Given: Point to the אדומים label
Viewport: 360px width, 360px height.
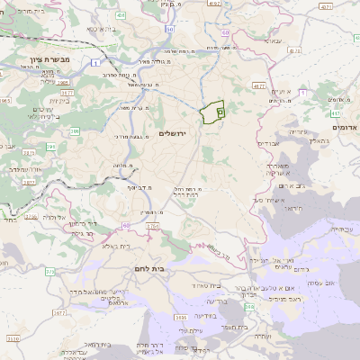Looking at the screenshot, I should [x=345, y=128].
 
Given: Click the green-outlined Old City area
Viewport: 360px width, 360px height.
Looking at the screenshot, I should [x=212, y=112].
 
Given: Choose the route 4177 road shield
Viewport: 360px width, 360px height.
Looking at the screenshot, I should [x=259, y=86].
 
